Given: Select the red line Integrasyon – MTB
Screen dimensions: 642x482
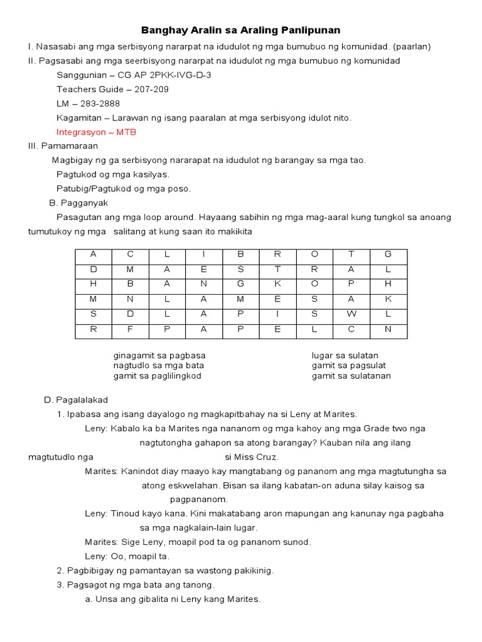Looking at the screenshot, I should pos(96,132).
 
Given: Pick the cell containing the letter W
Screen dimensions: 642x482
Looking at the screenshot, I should pos(351,313).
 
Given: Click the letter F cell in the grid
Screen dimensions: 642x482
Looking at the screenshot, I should pos(131,329).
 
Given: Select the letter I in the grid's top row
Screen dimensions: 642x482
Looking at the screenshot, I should pos(203,254).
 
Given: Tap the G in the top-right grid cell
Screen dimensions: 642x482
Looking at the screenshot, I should pos(388,254).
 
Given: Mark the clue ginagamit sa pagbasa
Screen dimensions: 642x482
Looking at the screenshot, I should pos(159,355).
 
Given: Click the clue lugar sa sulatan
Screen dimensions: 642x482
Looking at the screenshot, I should pos(345,355).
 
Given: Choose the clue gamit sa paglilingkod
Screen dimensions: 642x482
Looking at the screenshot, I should pos(158,376).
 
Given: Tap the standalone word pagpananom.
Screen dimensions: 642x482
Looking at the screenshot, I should pos(199,499).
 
